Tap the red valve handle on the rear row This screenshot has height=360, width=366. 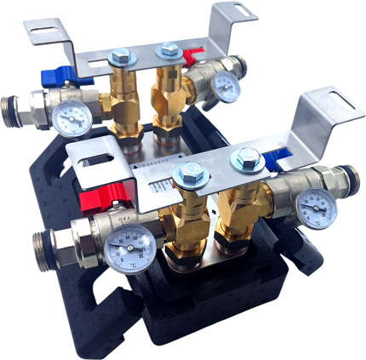pyautogui.click(x=192, y=56)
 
